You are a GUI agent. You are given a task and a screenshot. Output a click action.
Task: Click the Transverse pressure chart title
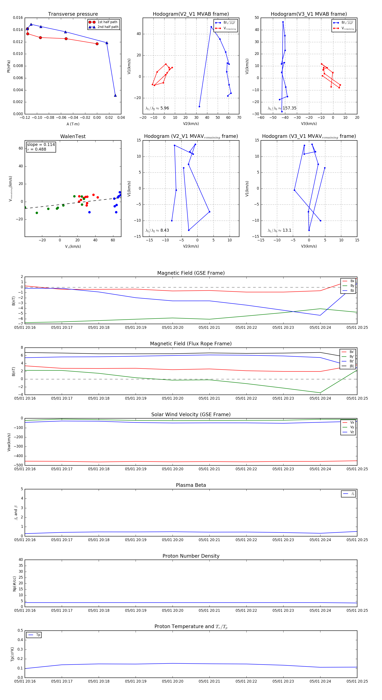(73, 14)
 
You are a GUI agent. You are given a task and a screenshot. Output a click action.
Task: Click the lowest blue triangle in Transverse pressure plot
(115, 95)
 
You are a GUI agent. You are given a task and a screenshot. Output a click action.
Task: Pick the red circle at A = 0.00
(97, 44)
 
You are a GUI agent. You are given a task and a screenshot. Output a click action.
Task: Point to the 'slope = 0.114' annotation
(41, 145)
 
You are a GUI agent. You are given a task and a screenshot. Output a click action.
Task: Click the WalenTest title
(73, 136)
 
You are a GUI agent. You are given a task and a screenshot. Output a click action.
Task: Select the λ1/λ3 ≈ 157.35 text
(282, 108)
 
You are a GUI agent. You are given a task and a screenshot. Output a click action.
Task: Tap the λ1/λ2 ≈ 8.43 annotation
(157, 230)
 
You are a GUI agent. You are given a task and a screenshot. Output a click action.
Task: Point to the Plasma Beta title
(191, 485)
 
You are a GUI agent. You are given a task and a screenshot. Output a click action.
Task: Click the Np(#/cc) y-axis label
(14, 584)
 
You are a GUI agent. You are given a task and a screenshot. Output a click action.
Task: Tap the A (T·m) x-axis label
(73, 124)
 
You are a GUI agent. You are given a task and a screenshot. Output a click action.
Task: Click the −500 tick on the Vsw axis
(18, 465)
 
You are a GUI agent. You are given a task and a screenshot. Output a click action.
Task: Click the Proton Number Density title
(191, 556)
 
